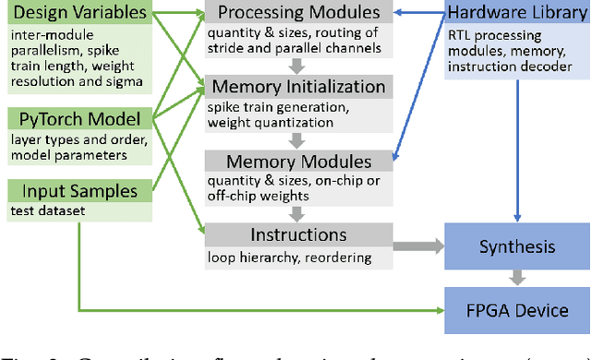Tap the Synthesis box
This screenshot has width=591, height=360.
pyautogui.click(x=516, y=246)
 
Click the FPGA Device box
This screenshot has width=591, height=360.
pyautogui.click(x=516, y=309)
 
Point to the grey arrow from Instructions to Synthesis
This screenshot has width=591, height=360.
pyautogui.click(x=416, y=246)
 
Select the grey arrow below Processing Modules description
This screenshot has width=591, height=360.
pyautogui.click(x=295, y=66)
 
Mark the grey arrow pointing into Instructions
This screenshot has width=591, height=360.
pyautogui.click(x=295, y=214)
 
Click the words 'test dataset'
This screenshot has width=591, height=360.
pyautogui.click(x=47, y=210)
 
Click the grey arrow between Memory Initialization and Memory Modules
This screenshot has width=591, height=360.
pyautogui.click(x=295, y=140)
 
